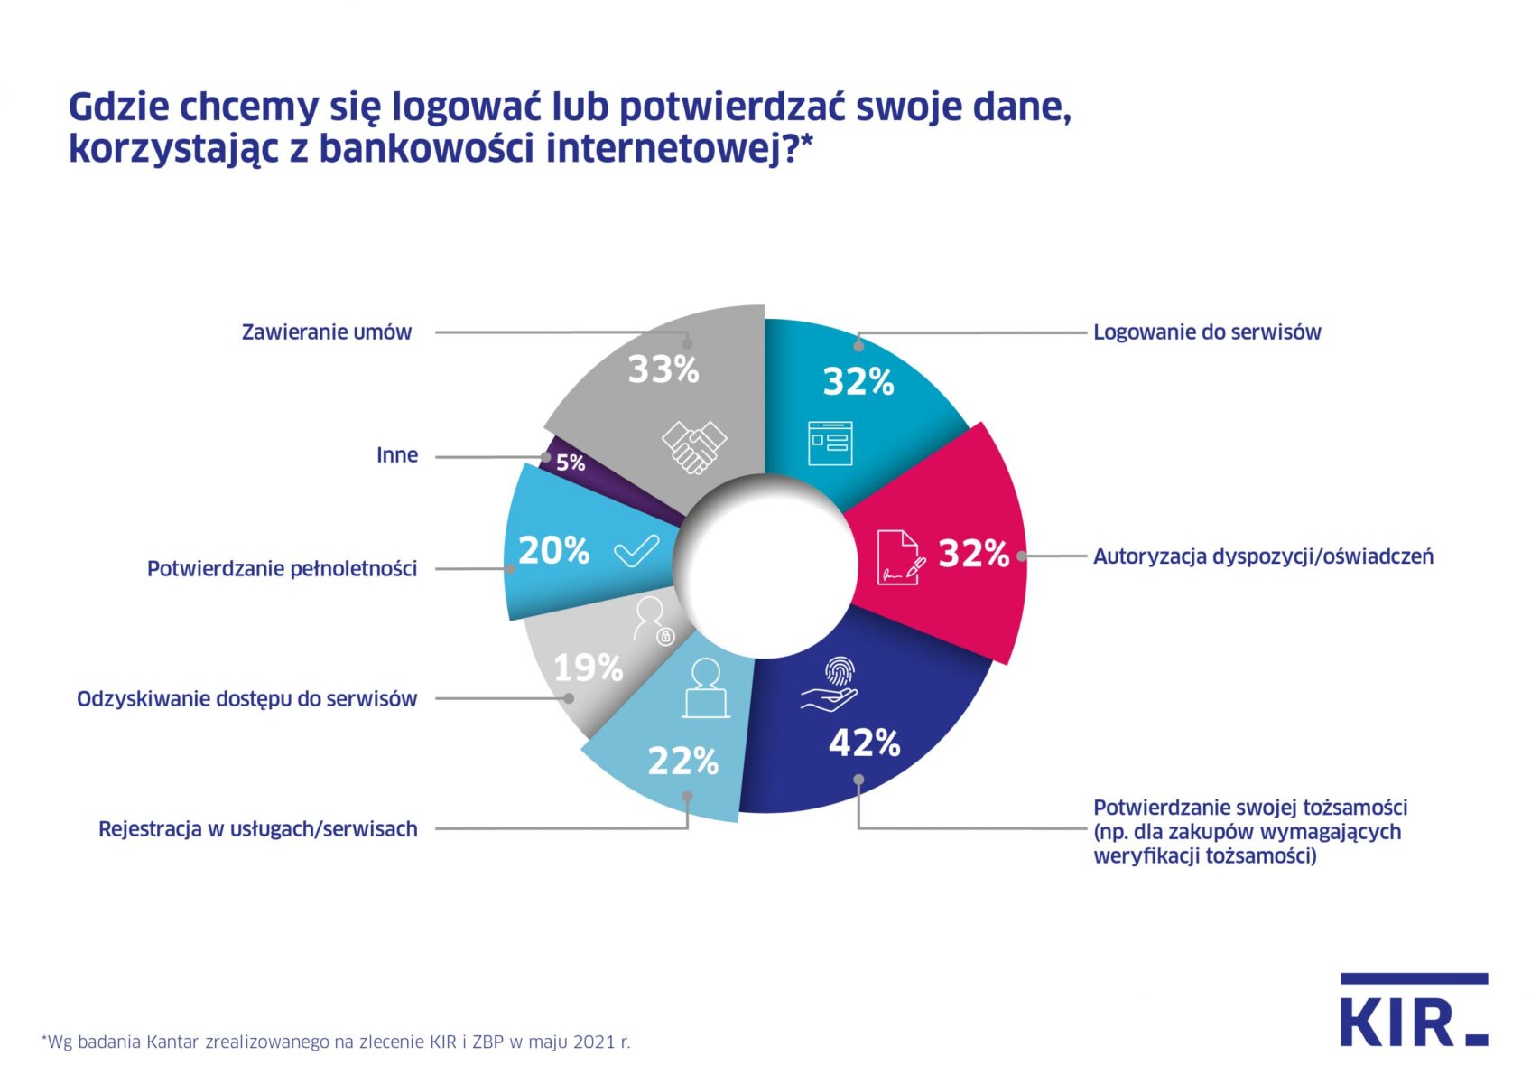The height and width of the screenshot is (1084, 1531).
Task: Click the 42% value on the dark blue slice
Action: click(864, 743)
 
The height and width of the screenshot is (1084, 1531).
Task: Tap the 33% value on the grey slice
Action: click(663, 369)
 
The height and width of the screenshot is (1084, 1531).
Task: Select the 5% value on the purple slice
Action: click(571, 463)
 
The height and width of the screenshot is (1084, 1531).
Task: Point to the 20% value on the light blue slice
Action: click(553, 550)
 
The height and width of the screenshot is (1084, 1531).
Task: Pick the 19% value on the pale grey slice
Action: click(588, 668)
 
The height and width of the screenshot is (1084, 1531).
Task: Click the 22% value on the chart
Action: click(682, 762)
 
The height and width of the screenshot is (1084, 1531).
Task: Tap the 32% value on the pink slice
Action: click(973, 554)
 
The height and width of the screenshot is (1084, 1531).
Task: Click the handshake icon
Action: click(693, 446)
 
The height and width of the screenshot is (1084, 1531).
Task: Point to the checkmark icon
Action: click(636, 550)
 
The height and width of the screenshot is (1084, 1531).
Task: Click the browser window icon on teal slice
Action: click(830, 443)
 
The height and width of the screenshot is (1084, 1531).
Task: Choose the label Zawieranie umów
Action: click(327, 332)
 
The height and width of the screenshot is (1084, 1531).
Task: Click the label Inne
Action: click(397, 455)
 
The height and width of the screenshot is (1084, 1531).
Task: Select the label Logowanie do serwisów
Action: click(1207, 332)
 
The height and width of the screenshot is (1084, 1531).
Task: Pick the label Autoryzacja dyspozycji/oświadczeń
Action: click(1263, 556)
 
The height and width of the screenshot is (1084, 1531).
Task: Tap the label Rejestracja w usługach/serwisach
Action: click(258, 829)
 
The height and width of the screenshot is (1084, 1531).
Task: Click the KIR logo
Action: click(1413, 1012)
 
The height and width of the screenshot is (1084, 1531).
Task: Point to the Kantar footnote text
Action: click(336, 1042)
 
